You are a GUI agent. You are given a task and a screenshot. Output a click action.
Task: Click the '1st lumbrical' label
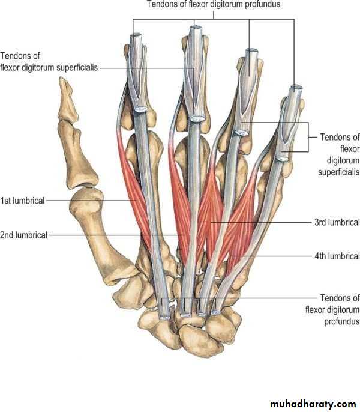tap(22, 201)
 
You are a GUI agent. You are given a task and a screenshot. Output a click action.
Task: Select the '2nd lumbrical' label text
tap(23, 235)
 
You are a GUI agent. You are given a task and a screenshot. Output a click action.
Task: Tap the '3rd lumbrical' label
tap(337, 222)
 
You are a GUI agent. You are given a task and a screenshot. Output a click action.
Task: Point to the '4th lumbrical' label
tap(337, 256)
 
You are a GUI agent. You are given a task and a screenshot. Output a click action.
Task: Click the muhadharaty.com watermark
tap(313, 404)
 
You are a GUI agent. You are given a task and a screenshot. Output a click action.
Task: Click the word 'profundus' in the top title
tap(262, 4)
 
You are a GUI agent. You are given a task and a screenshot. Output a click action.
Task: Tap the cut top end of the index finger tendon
tap(136, 35)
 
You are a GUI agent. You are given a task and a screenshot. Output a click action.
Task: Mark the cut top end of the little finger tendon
tap(296, 88)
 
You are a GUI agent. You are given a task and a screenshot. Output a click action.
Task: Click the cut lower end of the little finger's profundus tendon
tap(216, 312)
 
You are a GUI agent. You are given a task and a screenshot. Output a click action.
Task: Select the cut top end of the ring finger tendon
tap(251, 51)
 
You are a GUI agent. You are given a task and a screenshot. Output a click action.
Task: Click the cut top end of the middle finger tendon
tap(196, 28)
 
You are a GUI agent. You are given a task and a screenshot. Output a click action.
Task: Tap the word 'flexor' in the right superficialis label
tap(350, 149)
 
